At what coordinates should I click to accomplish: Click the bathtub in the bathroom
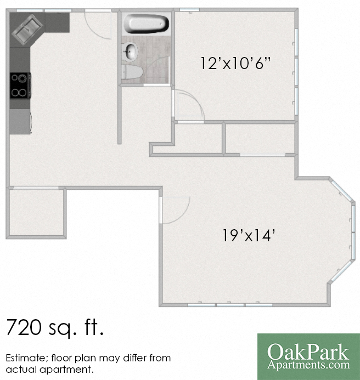click(x=145, y=24)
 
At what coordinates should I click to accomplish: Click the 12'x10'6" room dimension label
click(x=236, y=63)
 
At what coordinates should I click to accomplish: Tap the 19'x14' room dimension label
click(x=249, y=236)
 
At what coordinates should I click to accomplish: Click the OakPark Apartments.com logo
click(x=308, y=356)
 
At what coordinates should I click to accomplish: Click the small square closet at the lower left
click(x=36, y=213)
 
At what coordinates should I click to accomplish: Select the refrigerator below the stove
click(x=20, y=121)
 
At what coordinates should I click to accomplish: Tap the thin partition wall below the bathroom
click(x=119, y=115)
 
